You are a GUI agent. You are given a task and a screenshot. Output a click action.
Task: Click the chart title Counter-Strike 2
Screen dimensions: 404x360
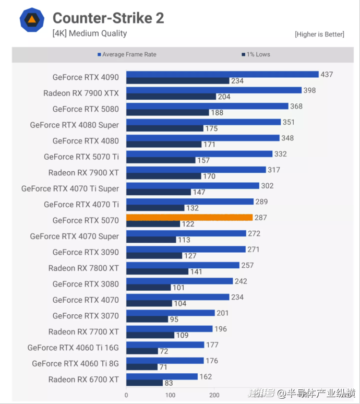click(x=108, y=18)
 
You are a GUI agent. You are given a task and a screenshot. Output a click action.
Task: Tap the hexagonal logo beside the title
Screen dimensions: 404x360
click(x=32, y=20)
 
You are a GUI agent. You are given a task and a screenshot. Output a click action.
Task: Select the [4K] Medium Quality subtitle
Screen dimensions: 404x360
click(x=89, y=33)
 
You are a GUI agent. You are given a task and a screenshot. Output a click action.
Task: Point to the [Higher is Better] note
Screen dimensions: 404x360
click(x=319, y=34)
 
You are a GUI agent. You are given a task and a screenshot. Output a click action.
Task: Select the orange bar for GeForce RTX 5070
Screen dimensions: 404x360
click(x=189, y=217)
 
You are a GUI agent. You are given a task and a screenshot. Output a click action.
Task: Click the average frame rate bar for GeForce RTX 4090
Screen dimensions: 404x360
click(x=222, y=74)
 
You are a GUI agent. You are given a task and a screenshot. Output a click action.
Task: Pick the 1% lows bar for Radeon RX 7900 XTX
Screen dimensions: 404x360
click(x=171, y=97)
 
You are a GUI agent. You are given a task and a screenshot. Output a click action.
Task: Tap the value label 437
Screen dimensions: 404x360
click(x=327, y=75)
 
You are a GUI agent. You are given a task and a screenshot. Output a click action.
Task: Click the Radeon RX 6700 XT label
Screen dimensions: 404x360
click(x=83, y=379)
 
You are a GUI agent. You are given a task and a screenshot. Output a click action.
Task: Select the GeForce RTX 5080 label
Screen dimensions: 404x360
click(x=86, y=109)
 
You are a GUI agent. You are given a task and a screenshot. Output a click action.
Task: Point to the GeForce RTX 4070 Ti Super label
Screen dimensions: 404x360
click(x=70, y=188)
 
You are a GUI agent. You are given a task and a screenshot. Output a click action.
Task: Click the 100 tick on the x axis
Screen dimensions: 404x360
click(x=170, y=395)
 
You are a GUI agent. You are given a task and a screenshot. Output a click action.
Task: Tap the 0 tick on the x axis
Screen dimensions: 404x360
click(x=126, y=395)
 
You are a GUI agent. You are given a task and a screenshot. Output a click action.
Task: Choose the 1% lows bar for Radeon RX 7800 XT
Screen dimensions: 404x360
click(x=157, y=271)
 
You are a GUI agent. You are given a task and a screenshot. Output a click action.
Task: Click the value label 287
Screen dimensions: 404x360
click(x=261, y=218)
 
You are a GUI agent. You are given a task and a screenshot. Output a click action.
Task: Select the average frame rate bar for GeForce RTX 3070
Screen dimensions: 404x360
click(x=171, y=313)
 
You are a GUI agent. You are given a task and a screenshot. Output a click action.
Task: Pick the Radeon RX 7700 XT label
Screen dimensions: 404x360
click(x=83, y=331)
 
